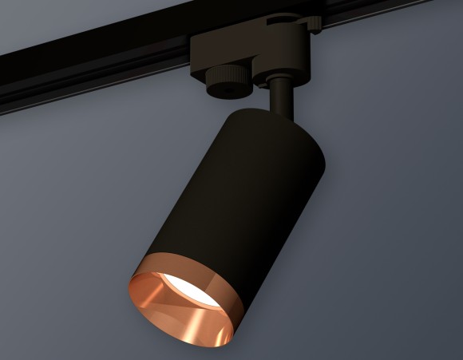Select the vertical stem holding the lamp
point(279,96)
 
